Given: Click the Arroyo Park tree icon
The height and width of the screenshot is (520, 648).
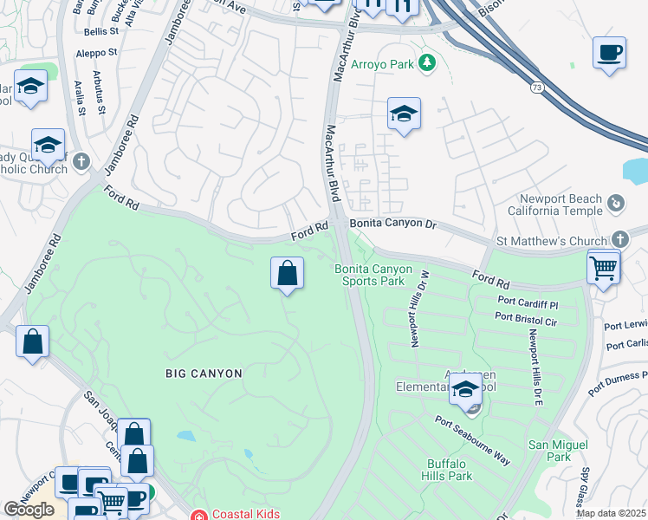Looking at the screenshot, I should [426, 62].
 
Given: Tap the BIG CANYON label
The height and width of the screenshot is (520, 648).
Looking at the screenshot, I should [204, 373].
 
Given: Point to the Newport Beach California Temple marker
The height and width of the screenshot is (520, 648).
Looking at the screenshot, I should [616, 204].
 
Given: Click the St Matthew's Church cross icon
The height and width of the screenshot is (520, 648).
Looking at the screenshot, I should [619, 239].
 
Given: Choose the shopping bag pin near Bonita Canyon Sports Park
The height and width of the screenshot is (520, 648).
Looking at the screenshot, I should [287, 274].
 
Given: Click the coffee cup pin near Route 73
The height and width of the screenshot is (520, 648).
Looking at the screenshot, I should [609, 52].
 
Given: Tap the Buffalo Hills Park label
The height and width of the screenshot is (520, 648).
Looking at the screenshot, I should [450, 469].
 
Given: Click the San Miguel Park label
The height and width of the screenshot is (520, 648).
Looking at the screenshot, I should [550, 451].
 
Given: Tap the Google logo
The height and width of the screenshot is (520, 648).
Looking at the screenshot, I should [29, 510].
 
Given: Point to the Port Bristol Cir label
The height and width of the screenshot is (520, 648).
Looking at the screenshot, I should [526, 322].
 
